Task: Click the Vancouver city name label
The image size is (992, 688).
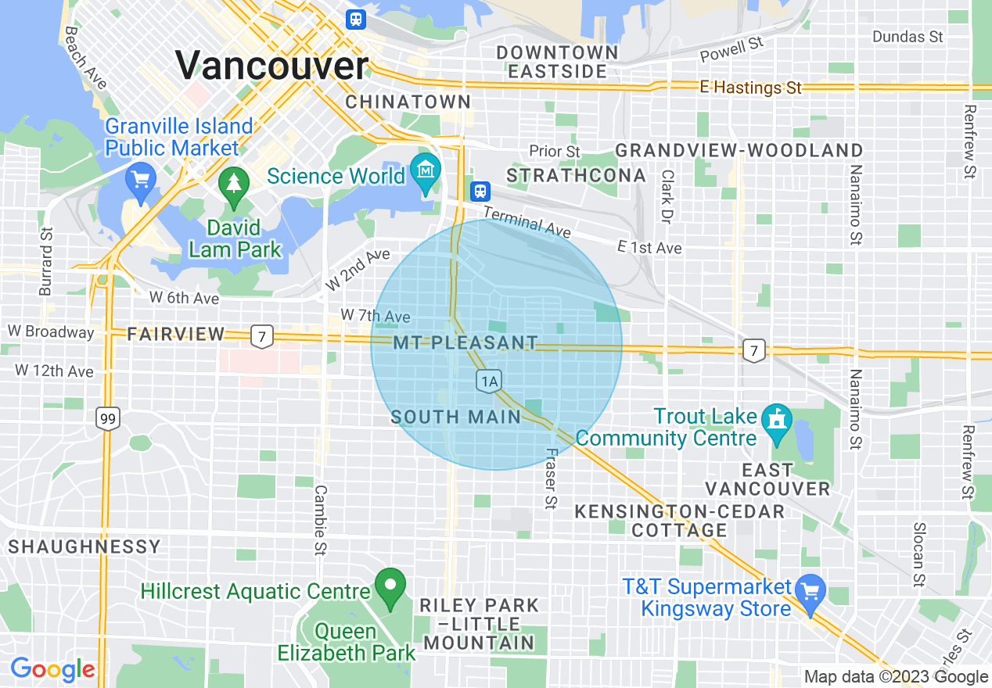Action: click(x=271, y=66)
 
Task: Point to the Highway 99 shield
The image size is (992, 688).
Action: click(x=108, y=420)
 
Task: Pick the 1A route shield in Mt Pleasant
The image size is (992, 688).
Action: click(x=489, y=382)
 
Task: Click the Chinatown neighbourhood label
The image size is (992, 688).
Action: click(x=408, y=102)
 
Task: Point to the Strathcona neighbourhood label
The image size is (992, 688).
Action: click(x=576, y=176)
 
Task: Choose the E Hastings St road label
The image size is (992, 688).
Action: click(x=751, y=88)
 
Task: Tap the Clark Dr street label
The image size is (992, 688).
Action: click(x=667, y=196)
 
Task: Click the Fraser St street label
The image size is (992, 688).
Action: click(x=551, y=478)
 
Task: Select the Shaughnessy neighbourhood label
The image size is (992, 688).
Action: click(x=84, y=546)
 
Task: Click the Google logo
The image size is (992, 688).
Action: click(x=52, y=669)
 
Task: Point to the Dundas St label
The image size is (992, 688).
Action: click(x=908, y=37)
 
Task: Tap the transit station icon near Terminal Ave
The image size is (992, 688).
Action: click(x=480, y=191)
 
